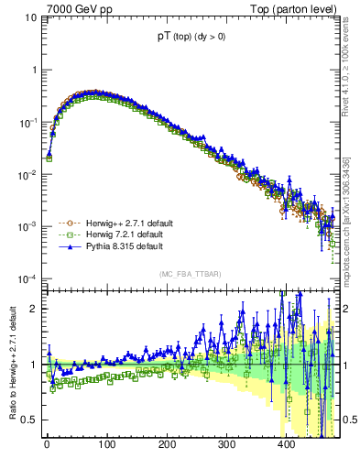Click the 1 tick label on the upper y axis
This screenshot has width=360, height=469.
tap(33, 70)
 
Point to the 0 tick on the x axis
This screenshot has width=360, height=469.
tap(47, 445)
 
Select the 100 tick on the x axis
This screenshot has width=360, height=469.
tap(107, 445)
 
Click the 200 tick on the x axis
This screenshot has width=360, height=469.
tap(167, 445)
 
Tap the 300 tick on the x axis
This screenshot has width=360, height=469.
tap(226, 445)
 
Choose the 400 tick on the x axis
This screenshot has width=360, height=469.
tap(286, 445)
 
